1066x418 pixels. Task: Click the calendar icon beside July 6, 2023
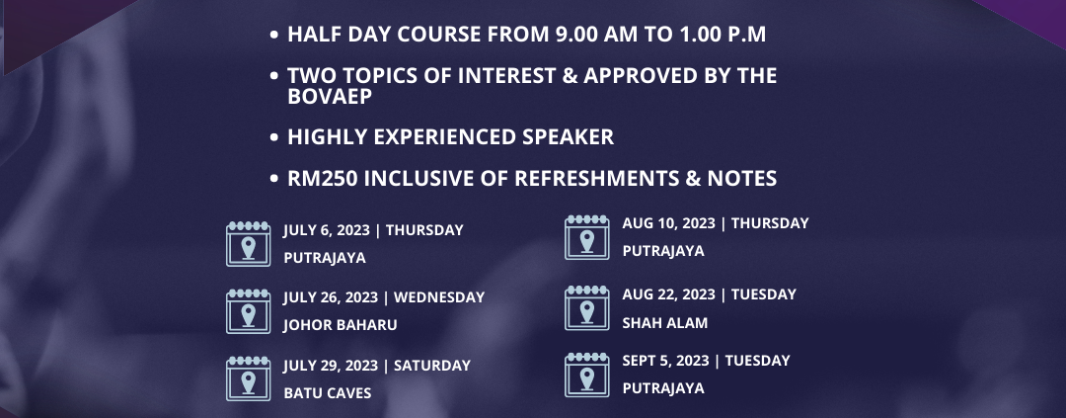point(248,244)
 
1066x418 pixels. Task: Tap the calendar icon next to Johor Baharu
point(248,311)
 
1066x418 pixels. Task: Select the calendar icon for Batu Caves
point(248,378)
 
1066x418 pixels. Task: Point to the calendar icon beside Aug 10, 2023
point(586,237)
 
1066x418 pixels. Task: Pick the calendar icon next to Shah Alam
point(586,307)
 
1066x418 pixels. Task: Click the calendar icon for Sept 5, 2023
point(586,375)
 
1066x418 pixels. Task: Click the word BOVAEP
point(331,97)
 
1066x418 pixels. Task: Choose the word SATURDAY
point(431,366)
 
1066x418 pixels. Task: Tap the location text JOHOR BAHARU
point(340,325)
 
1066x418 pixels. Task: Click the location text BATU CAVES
point(327,393)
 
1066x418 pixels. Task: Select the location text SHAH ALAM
point(665,323)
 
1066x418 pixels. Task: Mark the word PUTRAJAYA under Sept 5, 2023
point(663,388)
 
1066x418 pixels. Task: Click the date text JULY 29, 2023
point(331,366)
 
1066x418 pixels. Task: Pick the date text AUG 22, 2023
point(668,294)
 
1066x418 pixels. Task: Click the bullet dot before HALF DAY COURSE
point(274,35)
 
